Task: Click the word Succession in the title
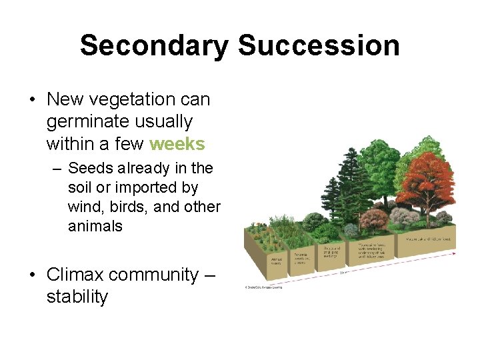pos(318,45)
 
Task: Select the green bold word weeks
pos(177,144)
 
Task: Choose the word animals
pos(95,226)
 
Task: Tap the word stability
pos(77,297)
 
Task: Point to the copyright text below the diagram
pos(263,288)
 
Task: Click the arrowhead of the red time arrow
pos(455,253)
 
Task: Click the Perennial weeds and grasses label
pos(301,255)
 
